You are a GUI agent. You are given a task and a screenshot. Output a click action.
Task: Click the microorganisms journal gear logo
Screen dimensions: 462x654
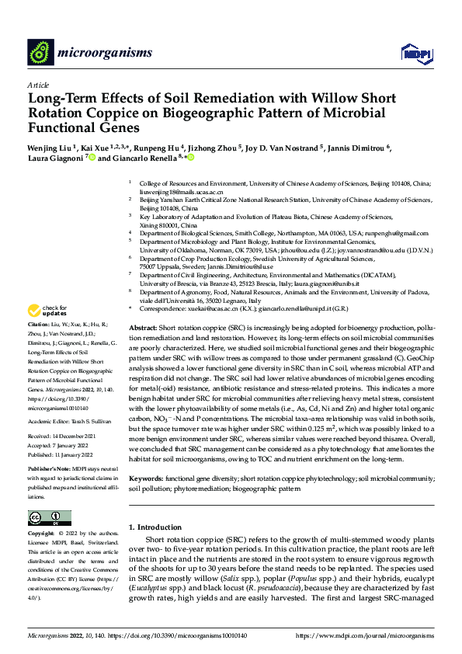click(x=40, y=53)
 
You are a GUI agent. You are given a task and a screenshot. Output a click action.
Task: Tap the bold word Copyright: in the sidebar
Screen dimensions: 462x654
click(x=42, y=534)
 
